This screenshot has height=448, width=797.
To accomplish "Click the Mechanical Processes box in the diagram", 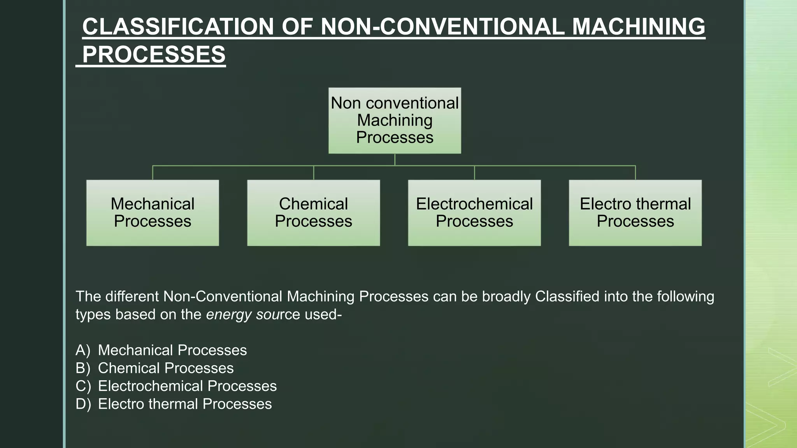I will tap(153, 212).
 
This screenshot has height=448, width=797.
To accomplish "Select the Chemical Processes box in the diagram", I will tap(313, 212).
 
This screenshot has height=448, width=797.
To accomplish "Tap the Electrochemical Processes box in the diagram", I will tap(474, 212).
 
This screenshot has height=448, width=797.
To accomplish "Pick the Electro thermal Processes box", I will tap(635, 212).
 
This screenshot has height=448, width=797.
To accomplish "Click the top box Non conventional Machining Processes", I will tap(395, 120).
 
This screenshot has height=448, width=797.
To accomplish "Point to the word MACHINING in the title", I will tap(638, 27).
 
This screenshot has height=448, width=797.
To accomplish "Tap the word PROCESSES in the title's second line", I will tap(154, 54).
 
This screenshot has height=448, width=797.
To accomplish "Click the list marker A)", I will tap(83, 350).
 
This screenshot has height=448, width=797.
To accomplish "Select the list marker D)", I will tap(83, 404).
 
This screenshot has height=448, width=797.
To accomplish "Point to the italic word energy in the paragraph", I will tap(229, 315).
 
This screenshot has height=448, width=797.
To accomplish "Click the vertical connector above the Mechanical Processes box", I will tap(153, 173).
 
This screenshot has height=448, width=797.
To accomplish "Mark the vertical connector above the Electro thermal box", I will tap(635, 173).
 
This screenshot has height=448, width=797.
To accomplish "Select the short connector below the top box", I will tap(395, 159).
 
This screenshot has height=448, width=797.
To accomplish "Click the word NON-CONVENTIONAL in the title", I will tap(442, 27).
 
